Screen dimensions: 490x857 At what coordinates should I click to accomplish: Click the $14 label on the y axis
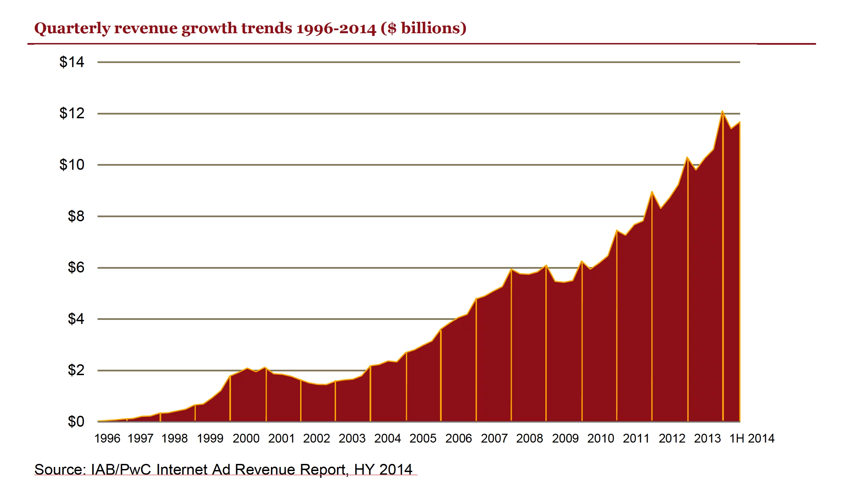pyautogui.click(x=71, y=62)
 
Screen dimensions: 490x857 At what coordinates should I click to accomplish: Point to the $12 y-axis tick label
pyautogui.click(x=71, y=113)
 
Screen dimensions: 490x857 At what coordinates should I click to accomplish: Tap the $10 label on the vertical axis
pyautogui.click(x=71, y=165)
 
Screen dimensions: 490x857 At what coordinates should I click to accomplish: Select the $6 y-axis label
pyautogui.click(x=76, y=267)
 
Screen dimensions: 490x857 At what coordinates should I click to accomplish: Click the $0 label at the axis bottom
pyautogui.click(x=76, y=422)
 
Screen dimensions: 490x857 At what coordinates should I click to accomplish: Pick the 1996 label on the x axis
pyautogui.click(x=107, y=438)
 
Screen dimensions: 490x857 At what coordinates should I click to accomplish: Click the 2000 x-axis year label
pyautogui.click(x=246, y=438)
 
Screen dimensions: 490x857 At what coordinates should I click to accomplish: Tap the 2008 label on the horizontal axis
pyautogui.click(x=529, y=438)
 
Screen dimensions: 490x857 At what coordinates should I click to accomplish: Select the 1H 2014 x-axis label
pyautogui.click(x=752, y=438)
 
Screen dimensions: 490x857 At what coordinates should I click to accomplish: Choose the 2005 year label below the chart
pyautogui.click(x=423, y=438)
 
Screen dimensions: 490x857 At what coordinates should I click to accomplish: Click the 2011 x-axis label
pyautogui.click(x=636, y=438)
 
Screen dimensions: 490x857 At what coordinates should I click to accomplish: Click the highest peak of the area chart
pyautogui.click(x=722, y=111)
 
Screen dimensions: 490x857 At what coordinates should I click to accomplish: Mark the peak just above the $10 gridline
pyautogui.click(x=687, y=158)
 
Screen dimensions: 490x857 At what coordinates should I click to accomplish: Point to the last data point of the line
pyautogui.click(x=739, y=122)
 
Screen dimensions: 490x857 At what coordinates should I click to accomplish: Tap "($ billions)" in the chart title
pyautogui.click(x=423, y=28)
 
